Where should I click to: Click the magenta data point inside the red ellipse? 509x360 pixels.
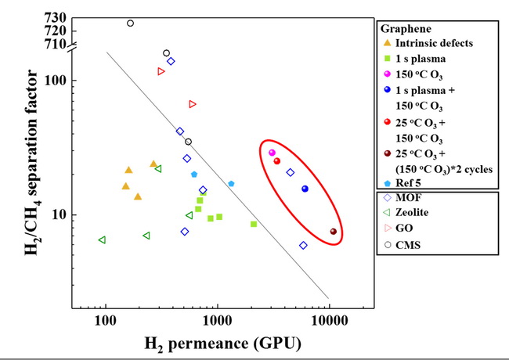272,153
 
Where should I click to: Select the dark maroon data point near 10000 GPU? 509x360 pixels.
334,231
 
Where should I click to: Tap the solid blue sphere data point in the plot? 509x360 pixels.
305,189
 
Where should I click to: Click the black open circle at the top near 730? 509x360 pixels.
130,23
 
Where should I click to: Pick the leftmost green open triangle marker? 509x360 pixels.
102,240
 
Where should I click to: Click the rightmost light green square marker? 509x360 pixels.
254,224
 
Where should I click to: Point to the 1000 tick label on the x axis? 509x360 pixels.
217,321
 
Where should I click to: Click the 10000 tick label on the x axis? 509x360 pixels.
330,321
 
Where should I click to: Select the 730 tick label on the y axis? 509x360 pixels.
56,17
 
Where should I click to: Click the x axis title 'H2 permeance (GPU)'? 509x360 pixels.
222,344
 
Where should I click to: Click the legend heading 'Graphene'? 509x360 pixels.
406,28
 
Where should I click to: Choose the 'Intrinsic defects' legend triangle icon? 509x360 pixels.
388,42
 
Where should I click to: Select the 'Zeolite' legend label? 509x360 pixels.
412,212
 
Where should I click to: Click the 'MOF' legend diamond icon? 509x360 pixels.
388,197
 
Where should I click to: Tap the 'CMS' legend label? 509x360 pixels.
408,245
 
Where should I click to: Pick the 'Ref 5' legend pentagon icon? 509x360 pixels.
388,183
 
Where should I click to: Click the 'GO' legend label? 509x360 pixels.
404,228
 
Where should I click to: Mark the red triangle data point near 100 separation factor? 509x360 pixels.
161,71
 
